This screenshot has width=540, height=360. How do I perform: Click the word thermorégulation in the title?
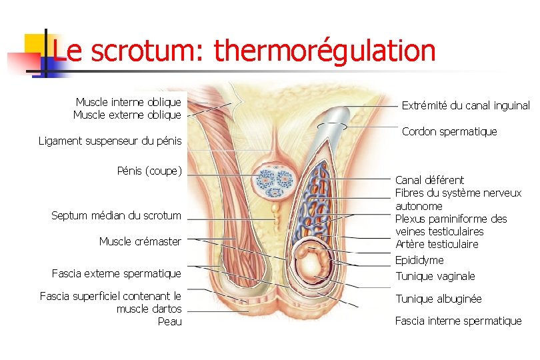coord(325,51)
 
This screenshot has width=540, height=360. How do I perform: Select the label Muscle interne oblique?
coord(128,102)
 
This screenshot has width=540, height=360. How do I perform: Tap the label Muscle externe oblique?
coord(127,115)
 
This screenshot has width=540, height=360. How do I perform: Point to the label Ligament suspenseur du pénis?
coord(110,141)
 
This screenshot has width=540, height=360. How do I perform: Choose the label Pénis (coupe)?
coord(149,171)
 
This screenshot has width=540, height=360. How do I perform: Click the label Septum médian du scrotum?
coord(116,215)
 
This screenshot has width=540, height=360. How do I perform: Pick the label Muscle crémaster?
coord(140,241)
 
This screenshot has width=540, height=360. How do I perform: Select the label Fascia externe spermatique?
coord(116,273)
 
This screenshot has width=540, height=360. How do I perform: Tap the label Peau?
coord(169,322)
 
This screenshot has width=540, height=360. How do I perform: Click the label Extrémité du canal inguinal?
coord(465,105)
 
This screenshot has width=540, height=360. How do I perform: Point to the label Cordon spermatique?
coord(449,131)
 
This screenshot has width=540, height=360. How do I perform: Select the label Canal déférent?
coord(429,180)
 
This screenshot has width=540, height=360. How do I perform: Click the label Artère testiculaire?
coord(437,244)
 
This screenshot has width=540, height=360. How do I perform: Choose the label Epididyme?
coord(419,260)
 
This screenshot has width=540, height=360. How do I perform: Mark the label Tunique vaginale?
coord(435,276)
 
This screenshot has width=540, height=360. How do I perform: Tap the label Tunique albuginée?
coord(438,299)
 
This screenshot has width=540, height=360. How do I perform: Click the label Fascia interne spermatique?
coord(458,321)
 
